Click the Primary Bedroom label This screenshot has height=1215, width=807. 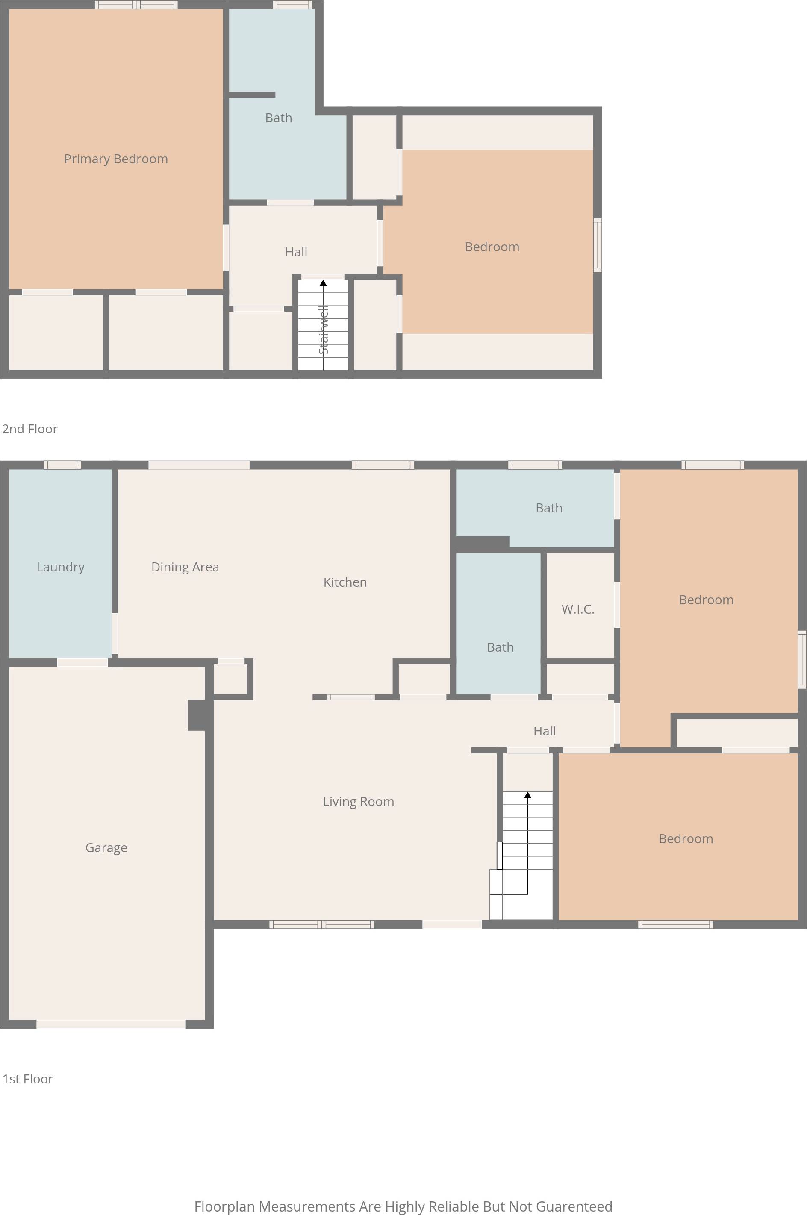pos(116,159)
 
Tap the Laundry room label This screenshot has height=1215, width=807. pos(60,567)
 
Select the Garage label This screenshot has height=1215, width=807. pos(106,847)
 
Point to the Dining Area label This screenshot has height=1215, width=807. pos(185,567)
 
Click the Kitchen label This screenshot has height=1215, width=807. pos(345,582)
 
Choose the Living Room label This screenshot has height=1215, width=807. pos(358,802)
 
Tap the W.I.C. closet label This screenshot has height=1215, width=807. pos(578,609)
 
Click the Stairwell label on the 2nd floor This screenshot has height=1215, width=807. pos(323,330)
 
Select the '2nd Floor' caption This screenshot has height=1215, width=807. pos(30,429)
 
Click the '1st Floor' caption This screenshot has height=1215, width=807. pos(28,1079)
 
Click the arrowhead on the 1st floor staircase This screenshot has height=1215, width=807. pos(527,795)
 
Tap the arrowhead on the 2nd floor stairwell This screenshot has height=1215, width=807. pos(323,282)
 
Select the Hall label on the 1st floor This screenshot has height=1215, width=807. pos(545,731)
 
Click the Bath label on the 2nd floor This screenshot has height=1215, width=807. pos(278,118)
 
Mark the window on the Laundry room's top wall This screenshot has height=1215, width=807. pos(62,465)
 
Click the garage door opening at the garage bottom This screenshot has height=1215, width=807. pos(111,1024)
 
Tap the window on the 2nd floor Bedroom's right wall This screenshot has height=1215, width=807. pos(598,245)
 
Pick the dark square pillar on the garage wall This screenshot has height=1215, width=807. pos(197,715)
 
